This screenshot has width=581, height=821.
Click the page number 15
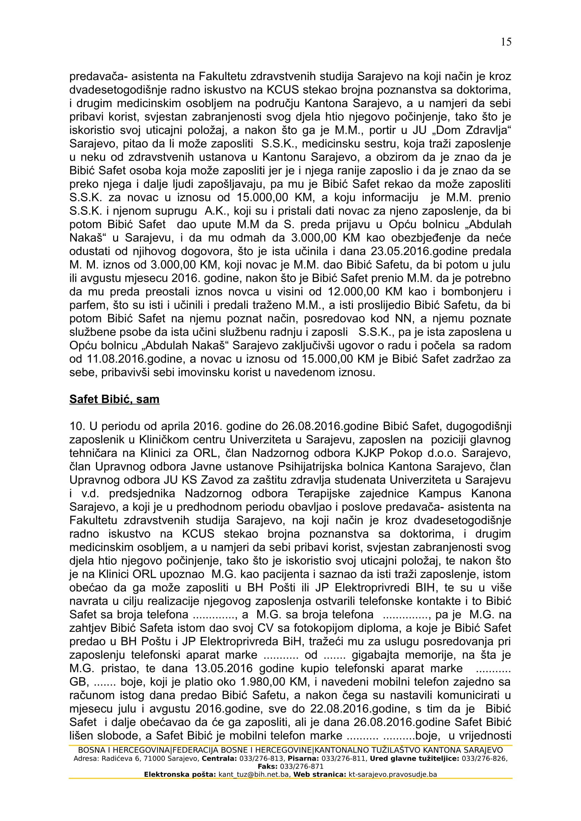(506, 42)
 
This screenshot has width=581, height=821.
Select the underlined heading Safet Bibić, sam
(114, 399)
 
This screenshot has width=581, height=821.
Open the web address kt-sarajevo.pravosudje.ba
(392, 775)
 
